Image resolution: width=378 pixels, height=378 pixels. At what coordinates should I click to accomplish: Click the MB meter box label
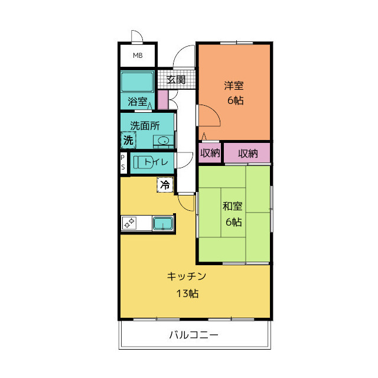click(138, 56)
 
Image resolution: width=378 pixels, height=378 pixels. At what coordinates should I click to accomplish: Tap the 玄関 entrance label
click(176, 80)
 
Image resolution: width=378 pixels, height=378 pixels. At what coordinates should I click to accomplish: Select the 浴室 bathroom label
click(138, 102)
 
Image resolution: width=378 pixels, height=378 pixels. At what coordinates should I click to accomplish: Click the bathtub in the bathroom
click(137, 82)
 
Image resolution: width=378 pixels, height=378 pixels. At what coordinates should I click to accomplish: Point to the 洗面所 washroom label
click(145, 126)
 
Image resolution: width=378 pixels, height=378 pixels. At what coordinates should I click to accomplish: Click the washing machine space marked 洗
click(129, 140)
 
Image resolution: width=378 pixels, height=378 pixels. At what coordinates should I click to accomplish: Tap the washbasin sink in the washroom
click(163, 141)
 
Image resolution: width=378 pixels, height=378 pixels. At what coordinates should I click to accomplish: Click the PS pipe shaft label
click(123, 162)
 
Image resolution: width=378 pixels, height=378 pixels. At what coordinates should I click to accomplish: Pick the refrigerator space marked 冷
click(165, 185)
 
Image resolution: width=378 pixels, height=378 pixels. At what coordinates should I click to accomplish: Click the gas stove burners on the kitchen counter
click(129, 223)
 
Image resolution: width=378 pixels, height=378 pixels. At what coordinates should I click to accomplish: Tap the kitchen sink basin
click(163, 223)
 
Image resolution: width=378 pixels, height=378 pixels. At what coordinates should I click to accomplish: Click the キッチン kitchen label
click(187, 276)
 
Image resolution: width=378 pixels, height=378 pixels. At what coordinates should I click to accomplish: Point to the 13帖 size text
click(187, 294)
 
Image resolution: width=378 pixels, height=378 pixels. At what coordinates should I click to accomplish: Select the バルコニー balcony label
click(194, 335)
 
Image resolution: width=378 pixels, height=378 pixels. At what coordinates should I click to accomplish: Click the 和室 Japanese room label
click(232, 206)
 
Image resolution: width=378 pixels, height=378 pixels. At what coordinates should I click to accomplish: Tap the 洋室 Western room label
click(234, 86)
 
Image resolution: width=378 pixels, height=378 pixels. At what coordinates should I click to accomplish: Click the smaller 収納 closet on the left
click(210, 153)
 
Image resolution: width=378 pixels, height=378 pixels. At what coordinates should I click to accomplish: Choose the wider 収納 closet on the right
click(247, 153)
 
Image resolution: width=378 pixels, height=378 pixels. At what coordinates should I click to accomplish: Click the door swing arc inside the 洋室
click(214, 111)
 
